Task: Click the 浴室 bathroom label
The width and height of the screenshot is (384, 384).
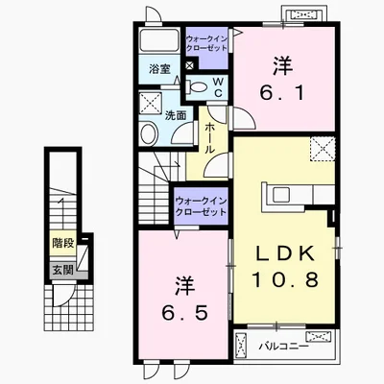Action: pyautogui.click(x=159, y=69)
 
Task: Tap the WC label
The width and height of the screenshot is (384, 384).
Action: pyautogui.click(x=218, y=86)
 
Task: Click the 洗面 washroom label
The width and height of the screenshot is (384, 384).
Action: pyautogui.click(x=176, y=115)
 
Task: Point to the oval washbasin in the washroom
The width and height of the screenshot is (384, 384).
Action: pyautogui.click(x=148, y=134)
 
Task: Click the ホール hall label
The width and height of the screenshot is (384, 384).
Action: pyautogui.click(x=209, y=138)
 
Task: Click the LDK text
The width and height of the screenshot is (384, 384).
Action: pyautogui.click(x=283, y=253)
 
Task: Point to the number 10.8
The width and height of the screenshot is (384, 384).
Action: pyautogui.click(x=285, y=279)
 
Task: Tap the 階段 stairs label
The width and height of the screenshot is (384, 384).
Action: pyautogui.click(x=63, y=244)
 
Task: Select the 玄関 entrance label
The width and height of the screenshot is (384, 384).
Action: pyautogui.click(x=62, y=271)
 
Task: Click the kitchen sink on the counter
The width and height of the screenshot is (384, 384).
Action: pyautogui.click(x=280, y=194)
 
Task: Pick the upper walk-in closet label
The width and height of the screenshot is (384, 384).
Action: pyautogui.click(x=206, y=43)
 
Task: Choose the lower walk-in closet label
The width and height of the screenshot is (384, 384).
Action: pyautogui.click(x=201, y=206)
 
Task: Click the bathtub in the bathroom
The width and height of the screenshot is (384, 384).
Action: pyautogui.click(x=160, y=40)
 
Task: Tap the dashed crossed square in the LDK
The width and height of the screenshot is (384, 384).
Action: pyautogui.click(x=323, y=149)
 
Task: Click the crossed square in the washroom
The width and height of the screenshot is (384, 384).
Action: pyautogui.click(x=151, y=103)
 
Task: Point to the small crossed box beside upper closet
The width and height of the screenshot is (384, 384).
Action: pyautogui.click(x=190, y=65)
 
